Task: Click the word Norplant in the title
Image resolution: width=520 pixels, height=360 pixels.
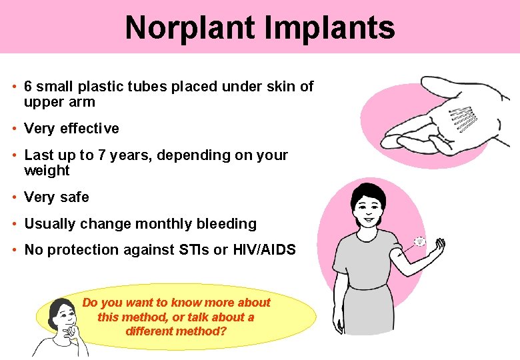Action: [x=189, y=28]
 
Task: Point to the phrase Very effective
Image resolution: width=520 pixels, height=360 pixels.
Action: [x=71, y=129]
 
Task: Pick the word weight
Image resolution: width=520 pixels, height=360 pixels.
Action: [x=47, y=171]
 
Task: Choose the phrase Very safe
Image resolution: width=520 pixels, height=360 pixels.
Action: [x=57, y=197]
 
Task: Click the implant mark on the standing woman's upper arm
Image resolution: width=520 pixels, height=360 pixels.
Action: [x=419, y=242]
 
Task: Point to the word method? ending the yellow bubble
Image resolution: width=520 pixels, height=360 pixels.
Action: [x=205, y=331]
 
